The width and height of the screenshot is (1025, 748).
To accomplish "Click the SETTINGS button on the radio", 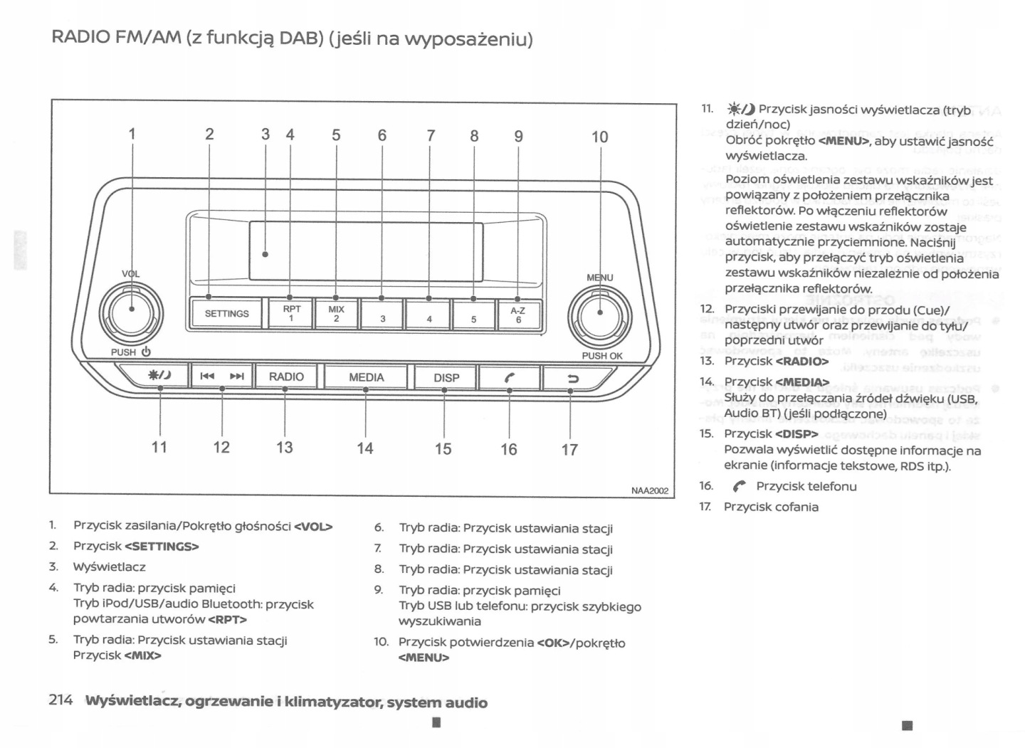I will [226, 314].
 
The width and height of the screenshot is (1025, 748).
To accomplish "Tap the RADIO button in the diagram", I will [286, 376].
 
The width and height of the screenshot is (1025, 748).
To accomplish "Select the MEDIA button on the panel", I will [366, 377].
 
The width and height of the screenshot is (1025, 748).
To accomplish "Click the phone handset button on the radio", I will [509, 378].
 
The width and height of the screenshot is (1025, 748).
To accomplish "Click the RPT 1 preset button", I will [291, 314].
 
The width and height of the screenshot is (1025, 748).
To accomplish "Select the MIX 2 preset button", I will [336, 314].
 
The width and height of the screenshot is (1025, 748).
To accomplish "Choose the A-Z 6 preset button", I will [517, 315].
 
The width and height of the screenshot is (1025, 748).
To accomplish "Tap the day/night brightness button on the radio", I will [158, 376].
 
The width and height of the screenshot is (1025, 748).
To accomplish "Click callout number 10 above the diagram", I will [599, 137].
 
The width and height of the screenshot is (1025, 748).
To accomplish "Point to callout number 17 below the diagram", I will [569, 450].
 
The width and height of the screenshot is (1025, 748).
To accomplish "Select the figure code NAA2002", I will [649, 490].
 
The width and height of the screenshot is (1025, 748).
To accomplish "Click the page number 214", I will [61, 700].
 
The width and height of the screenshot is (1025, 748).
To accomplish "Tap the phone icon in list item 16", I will [740, 487].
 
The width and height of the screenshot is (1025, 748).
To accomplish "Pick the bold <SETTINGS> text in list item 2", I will [162, 547].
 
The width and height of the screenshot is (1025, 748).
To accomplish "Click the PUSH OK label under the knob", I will [601, 356].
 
